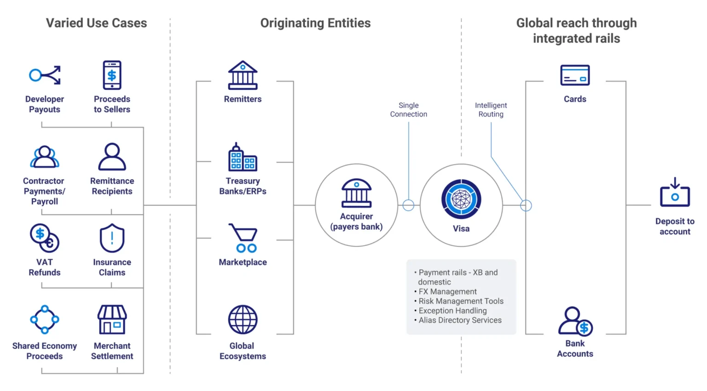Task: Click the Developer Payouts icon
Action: [x=45, y=75]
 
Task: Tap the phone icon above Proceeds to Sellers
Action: [x=112, y=75]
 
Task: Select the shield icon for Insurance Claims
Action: [x=112, y=238]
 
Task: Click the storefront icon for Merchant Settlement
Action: [x=112, y=319]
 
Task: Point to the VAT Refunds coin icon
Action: [x=45, y=238]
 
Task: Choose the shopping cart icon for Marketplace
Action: [x=243, y=238]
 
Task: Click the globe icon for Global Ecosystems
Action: [x=243, y=319]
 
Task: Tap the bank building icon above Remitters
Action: [x=243, y=75]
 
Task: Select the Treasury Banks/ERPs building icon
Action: [x=243, y=157]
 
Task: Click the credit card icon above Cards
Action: [x=575, y=75]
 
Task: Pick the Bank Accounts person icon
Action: [x=575, y=321]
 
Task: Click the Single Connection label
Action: [x=409, y=110]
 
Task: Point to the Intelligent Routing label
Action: [x=491, y=110]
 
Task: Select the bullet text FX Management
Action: [x=447, y=292]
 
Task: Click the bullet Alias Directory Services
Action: [x=460, y=320]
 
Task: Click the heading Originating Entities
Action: [x=315, y=23]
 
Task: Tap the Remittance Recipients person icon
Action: [x=112, y=157]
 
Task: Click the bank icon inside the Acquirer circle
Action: [x=356, y=193]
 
